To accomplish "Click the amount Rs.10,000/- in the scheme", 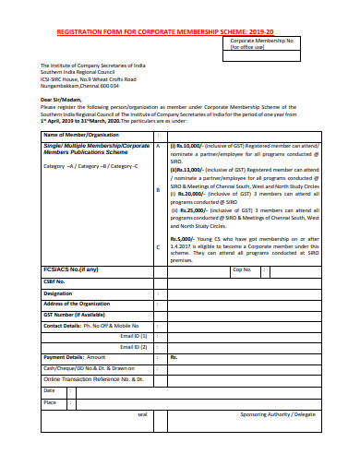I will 192,146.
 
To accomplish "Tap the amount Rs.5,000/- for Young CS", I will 187,239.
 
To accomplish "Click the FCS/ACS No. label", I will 71,269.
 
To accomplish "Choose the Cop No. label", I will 242,269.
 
